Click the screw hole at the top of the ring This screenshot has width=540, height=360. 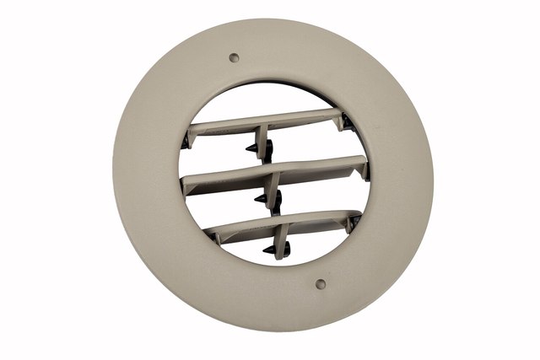point(235,58)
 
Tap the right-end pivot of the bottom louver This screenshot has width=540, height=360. point(355,222)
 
